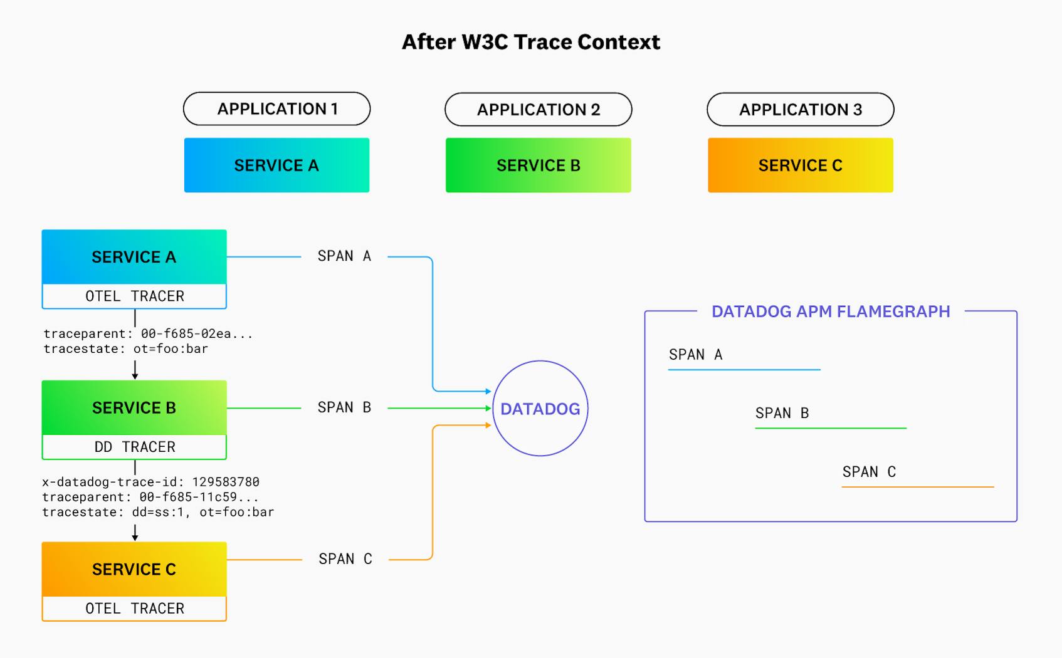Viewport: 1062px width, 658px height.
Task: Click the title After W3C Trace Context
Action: tap(530, 42)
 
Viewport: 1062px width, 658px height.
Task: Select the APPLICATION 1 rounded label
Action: tap(276, 109)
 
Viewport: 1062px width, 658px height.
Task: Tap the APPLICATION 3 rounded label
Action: tap(800, 110)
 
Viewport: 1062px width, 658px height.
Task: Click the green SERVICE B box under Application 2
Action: tap(538, 165)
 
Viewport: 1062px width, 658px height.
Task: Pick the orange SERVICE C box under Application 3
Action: tap(800, 165)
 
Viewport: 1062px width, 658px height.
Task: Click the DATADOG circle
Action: tap(540, 409)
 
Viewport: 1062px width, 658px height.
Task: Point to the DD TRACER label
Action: tap(134, 447)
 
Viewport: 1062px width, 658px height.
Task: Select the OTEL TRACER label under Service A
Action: tap(134, 296)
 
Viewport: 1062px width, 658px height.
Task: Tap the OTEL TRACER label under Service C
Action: tap(134, 608)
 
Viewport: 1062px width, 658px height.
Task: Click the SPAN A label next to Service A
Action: tap(344, 256)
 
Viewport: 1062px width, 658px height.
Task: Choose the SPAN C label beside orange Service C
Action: tap(345, 559)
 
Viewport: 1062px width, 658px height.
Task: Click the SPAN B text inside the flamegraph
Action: tap(782, 413)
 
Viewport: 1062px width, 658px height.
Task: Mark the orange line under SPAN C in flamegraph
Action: tap(917, 486)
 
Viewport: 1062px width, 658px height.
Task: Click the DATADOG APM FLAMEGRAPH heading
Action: tap(830, 311)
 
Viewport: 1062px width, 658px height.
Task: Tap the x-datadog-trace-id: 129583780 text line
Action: tap(150, 482)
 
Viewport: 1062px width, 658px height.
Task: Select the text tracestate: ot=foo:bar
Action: tap(125, 349)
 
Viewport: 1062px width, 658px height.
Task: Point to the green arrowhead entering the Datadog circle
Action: tap(488, 408)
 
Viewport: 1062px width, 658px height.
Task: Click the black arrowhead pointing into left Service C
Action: tap(135, 537)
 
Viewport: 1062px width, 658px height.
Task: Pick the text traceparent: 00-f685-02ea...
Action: tap(148, 334)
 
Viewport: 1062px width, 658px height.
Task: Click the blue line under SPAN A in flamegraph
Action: tap(744, 370)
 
